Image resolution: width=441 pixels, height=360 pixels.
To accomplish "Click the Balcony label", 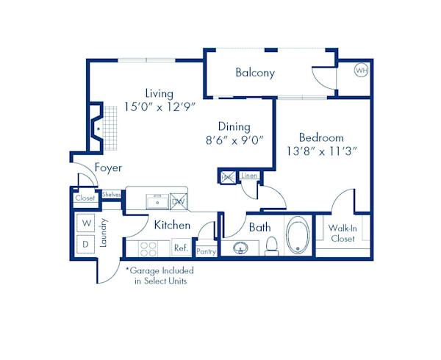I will click(255, 73).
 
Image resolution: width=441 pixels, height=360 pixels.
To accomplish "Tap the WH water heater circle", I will click(361, 71).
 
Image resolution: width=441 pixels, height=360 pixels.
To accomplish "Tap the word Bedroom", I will click(321, 138).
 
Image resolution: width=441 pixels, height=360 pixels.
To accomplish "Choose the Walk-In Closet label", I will click(343, 234).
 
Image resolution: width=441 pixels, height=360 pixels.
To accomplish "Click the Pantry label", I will click(206, 251).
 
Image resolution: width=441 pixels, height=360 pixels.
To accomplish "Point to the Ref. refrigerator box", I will click(181, 248).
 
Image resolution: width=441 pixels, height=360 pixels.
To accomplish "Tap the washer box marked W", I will click(86, 223).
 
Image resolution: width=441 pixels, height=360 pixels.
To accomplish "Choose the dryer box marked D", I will click(86, 243).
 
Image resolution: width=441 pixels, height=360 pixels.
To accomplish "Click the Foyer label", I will click(108, 168).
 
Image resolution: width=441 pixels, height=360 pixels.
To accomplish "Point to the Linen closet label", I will click(249, 176).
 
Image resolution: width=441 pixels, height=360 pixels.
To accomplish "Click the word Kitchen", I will click(172, 225).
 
